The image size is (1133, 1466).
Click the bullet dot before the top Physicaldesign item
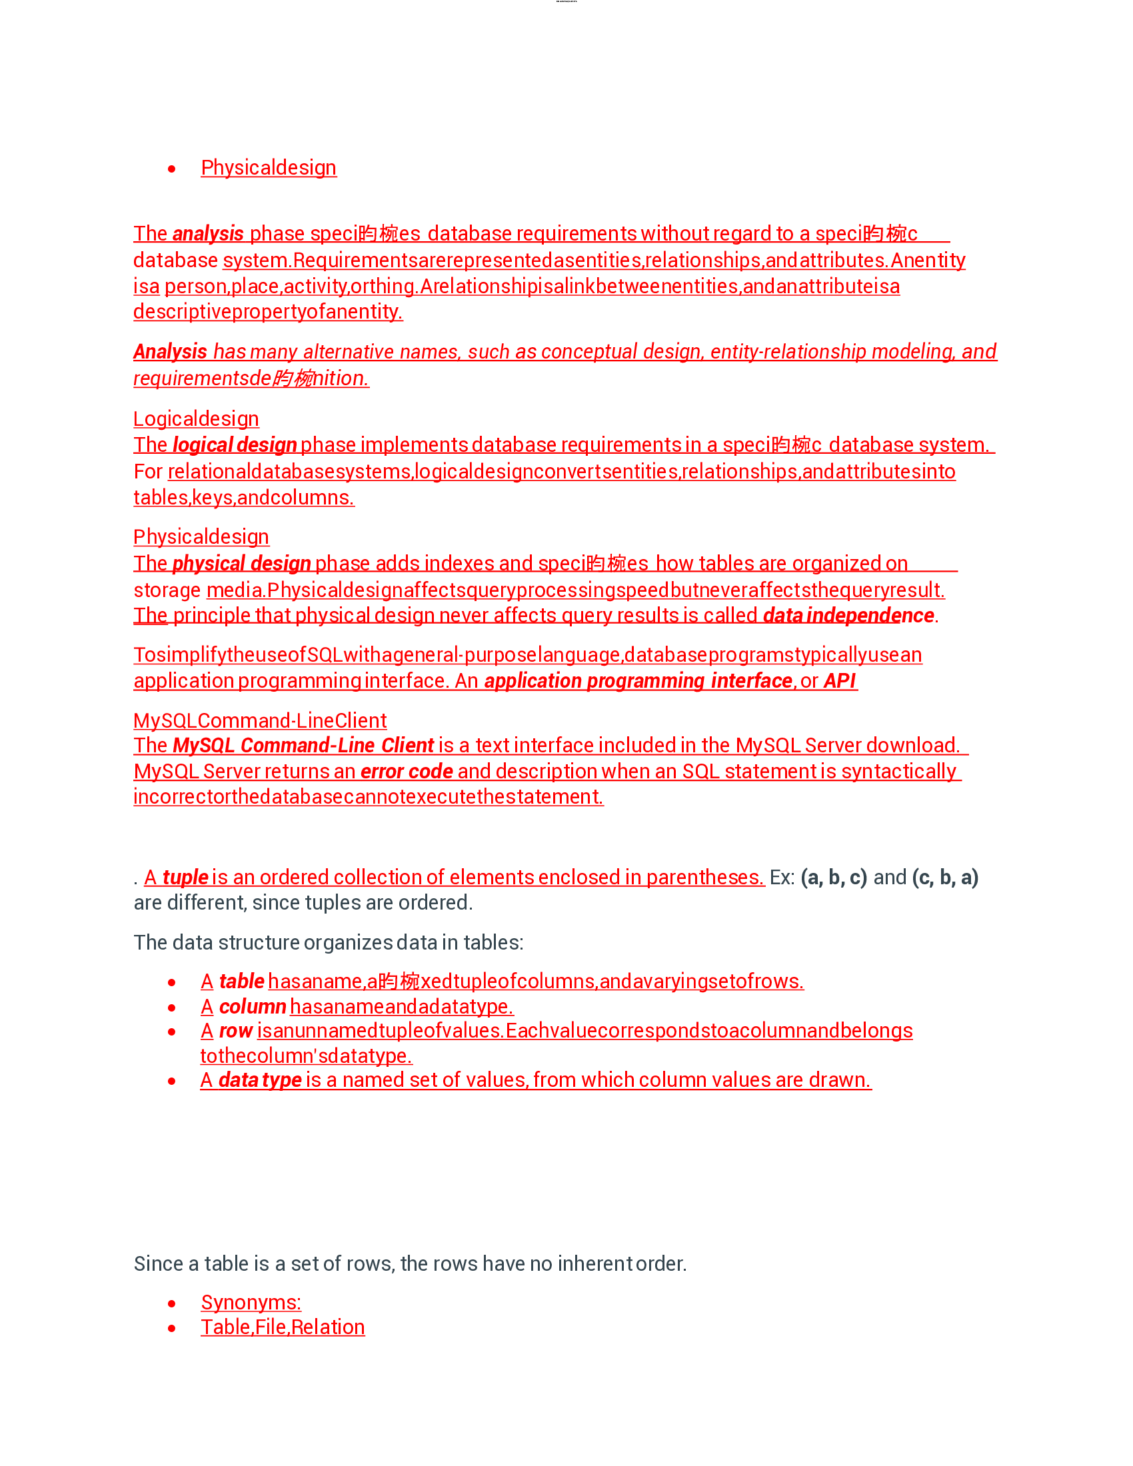click(172, 169)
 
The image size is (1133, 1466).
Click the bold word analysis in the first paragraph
click(207, 234)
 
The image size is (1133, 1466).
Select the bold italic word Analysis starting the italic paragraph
click(170, 352)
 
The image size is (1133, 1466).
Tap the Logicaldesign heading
click(196, 419)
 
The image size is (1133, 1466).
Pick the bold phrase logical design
click(234, 445)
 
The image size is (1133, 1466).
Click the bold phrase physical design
click(241, 564)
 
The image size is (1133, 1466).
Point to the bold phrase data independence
click(848, 616)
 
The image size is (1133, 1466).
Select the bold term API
click(840, 680)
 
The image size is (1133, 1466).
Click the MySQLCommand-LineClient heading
click(260, 720)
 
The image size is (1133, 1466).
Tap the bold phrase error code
click(406, 772)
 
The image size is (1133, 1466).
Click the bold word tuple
click(185, 878)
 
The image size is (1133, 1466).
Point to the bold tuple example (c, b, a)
click(945, 878)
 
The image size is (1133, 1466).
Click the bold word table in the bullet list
click(242, 982)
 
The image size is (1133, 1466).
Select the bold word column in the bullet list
click(253, 1007)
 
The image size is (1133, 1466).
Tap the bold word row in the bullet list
click(235, 1031)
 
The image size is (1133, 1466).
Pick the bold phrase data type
click(260, 1080)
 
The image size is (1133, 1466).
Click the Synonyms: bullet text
click(251, 1303)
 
